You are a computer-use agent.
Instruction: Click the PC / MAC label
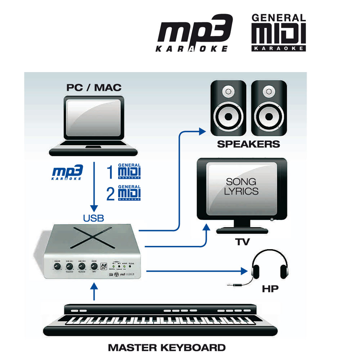(x=94, y=87)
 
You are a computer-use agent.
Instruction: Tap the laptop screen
(x=94, y=118)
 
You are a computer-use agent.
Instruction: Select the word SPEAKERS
(x=248, y=144)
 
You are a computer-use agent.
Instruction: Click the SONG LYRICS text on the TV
(x=241, y=186)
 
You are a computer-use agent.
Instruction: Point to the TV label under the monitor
(x=243, y=242)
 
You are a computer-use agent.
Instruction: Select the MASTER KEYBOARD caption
(x=167, y=348)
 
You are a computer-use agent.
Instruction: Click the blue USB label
(x=94, y=218)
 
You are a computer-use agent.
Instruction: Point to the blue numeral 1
(x=111, y=172)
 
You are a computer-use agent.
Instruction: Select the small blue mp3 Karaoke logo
(x=67, y=172)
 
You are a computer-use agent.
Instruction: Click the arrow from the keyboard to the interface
(x=94, y=292)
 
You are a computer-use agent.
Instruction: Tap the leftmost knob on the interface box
(x=57, y=266)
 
